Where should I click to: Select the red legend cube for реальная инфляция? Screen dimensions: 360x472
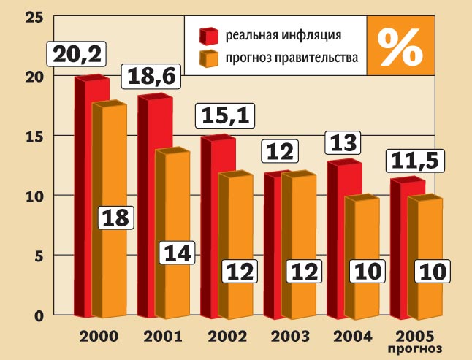click(x=208, y=35)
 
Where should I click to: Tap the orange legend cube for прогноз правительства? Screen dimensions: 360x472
click(x=208, y=60)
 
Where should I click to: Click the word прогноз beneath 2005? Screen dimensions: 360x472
click(x=416, y=349)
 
